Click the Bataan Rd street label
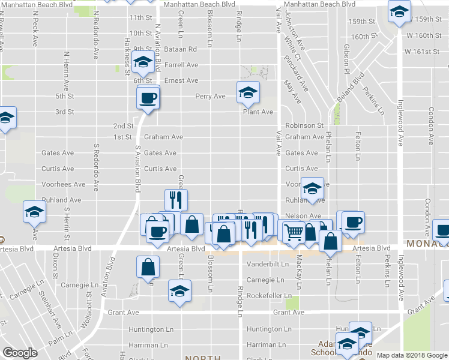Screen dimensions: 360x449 click(x=182, y=49)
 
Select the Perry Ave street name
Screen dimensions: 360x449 click(x=210, y=96)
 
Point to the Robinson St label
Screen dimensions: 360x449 click(x=304, y=125)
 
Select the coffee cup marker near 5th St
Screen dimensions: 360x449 click(x=148, y=97)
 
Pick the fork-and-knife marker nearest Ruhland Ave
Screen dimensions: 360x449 click(x=175, y=199)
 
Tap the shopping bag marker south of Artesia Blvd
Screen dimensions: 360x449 click(x=148, y=267)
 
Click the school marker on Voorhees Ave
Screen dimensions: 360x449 click(x=312, y=188)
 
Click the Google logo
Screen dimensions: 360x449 click(x=20, y=353)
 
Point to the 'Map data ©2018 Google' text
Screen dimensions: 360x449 click(x=411, y=355)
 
